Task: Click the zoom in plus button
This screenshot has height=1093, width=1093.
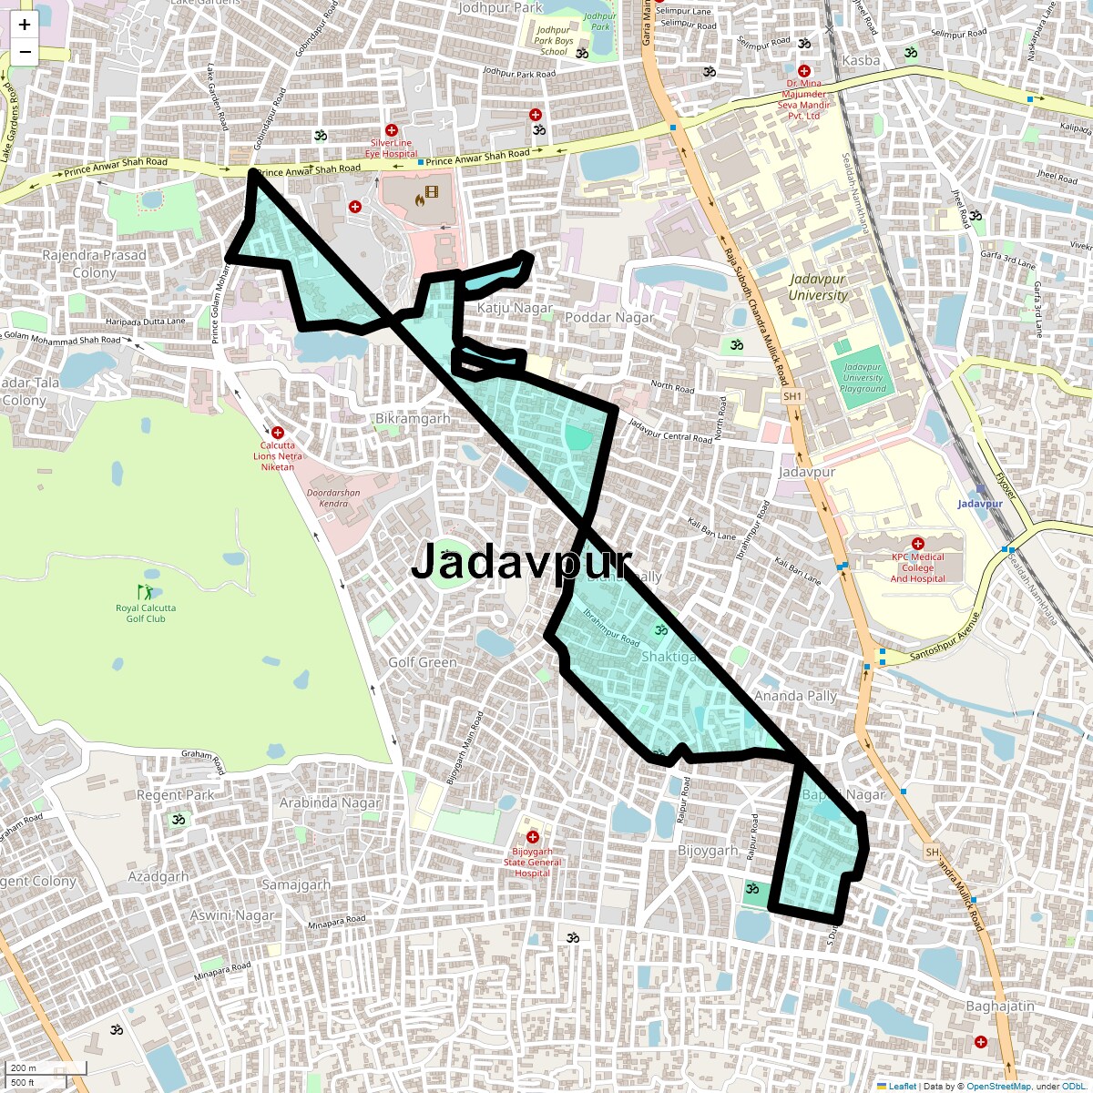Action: point(25,26)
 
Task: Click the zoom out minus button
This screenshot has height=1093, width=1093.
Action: point(25,52)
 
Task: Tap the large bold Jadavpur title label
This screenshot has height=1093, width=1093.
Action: point(520,561)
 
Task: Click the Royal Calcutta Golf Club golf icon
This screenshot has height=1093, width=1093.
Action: point(146,592)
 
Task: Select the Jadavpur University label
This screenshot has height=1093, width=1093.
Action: point(818,287)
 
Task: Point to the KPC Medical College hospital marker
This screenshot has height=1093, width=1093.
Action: point(917,544)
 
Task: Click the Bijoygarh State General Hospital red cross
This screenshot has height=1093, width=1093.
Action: point(533,837)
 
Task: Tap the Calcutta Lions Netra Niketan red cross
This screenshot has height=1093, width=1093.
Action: point(278,433)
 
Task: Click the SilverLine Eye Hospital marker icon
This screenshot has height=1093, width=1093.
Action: point(392,130)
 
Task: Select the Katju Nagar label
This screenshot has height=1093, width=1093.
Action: point(515,308)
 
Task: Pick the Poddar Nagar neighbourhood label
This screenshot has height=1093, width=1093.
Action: point(609,317)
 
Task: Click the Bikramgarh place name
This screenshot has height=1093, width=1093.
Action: point(413,418)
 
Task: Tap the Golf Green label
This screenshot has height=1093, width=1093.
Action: point(423,662)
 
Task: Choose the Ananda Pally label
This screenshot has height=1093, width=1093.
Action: point(795,696)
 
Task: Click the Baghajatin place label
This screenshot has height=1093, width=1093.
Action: point(1000,1006)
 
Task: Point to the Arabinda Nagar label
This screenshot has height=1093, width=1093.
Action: point(330,802)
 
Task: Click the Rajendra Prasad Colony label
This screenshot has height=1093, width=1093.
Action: point(95,264)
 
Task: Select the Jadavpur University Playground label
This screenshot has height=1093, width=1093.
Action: point(863,377)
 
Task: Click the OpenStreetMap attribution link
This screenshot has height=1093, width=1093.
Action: point(998,1086)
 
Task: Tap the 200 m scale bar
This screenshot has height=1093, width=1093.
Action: point(46,1068)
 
